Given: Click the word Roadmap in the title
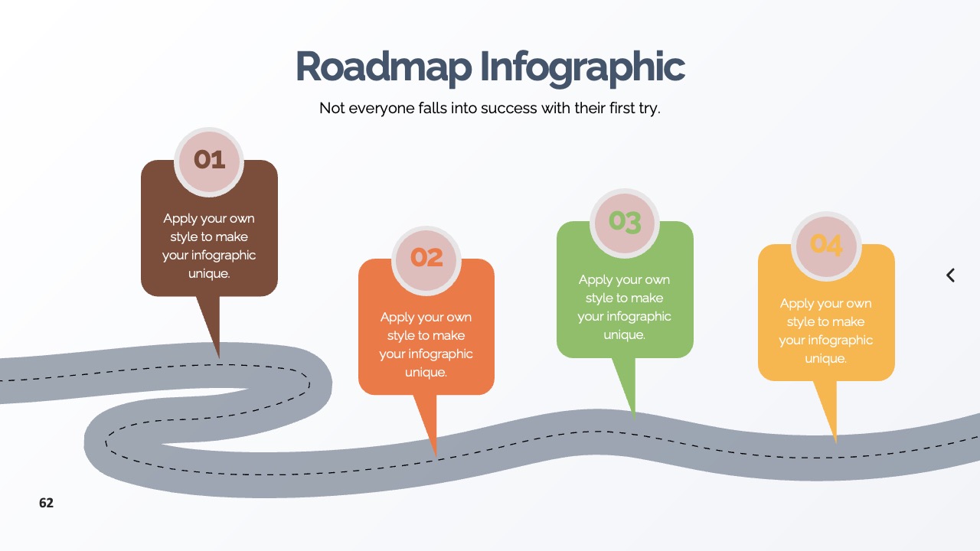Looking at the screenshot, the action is click(384, 67).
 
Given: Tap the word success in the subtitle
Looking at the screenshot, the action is click(508, 108).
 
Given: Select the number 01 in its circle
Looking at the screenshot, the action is click(209, 159).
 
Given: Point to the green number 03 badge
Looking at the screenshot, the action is click(625, 222).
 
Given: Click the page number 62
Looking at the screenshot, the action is click(47, 503).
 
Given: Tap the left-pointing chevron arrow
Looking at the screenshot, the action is click(950, 275).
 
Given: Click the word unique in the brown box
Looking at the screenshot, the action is click(209, 274).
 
